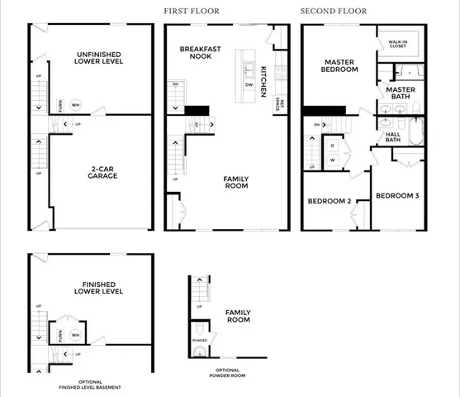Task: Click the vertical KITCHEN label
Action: coord(263,81)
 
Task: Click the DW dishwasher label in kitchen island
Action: coord(249,84)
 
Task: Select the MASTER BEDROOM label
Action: coord(340,65)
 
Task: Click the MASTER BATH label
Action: coord(401,93)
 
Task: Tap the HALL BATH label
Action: coord(392,136)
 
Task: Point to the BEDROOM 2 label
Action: coord(330,201)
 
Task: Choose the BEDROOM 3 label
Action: coord(397,196)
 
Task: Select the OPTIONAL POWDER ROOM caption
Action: coord(228,373)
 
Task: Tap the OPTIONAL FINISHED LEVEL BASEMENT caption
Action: coord(91,385)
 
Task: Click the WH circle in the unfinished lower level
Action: coord(74,104)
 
